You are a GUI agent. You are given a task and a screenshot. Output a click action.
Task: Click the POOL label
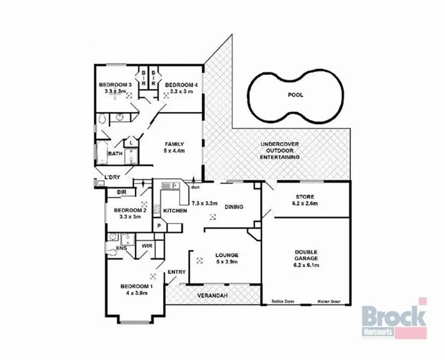pyautogui.click(x=296, y=95)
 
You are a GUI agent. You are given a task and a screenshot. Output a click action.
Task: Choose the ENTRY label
pyautogui.click(x=176, y=273)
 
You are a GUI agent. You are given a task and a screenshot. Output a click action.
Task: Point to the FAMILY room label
pyautogui.click(x=173, y=144)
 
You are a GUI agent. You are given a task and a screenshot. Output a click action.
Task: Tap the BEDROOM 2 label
pyautogui.click(x=130, y=210)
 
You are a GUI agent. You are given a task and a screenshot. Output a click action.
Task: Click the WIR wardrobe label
pyautogui.click(x=146, y=245)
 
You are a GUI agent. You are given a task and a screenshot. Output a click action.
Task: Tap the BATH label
pyautogui.click(x=115, y=153)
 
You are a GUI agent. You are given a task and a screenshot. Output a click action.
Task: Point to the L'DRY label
pyautogui.click(x=113, y=177)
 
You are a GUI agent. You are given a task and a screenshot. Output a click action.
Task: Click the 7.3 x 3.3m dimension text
pyautogui.click(x=205, y=203)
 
